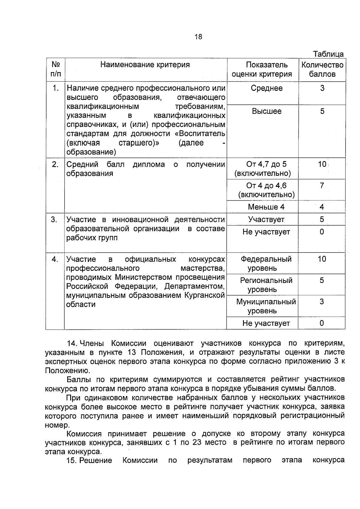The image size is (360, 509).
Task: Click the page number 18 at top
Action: pyautogui.click(x=198, y=37)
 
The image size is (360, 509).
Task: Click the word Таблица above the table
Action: pyautogui.click(x=328, y=54)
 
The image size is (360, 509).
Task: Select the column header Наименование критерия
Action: pyautogui.click(x=145, y=65)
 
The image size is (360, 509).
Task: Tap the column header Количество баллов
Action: pyautogui.click(x=322, y=69)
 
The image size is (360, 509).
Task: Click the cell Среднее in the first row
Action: pyautogui.click(x=266, y=88)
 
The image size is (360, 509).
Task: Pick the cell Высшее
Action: pyautogui.click(x=266, y=111)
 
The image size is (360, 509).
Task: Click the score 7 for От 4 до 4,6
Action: pyautogui.click(x=322, y=186)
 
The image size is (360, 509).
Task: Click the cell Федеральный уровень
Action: pyautogui.click(x=266, y=263)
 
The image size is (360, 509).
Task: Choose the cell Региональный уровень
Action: pyautogui.click(x=266, y=285)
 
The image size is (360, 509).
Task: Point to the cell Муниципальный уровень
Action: pyautogui.click(x=266, y=306)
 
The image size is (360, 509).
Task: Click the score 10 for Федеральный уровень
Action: pyautogui.click(x=322, y=259)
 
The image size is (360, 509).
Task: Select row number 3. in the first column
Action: pyautogui.click(x=54, y=220)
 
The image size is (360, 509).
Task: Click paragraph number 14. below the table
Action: pyautogui.click(x=72, y=343)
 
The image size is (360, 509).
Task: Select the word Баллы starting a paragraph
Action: pyautogui.click(x=77, y=380)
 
